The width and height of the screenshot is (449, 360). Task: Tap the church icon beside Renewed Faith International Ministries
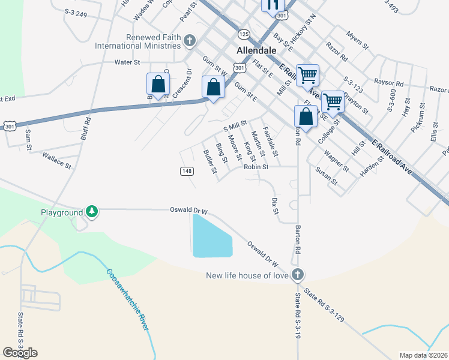pos(190,41)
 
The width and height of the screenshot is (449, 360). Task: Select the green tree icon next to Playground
pos(91,211)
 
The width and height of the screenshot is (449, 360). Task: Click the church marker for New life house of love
pos(297,275)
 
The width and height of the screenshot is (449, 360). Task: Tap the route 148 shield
pos(187,171)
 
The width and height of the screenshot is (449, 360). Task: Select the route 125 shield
pos(244,34)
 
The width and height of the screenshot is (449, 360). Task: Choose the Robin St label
pos(255,167)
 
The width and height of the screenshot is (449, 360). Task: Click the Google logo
pos(20,353)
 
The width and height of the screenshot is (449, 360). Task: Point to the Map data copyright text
pos(424,355)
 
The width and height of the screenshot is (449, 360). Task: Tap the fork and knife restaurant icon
pos(273,5)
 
